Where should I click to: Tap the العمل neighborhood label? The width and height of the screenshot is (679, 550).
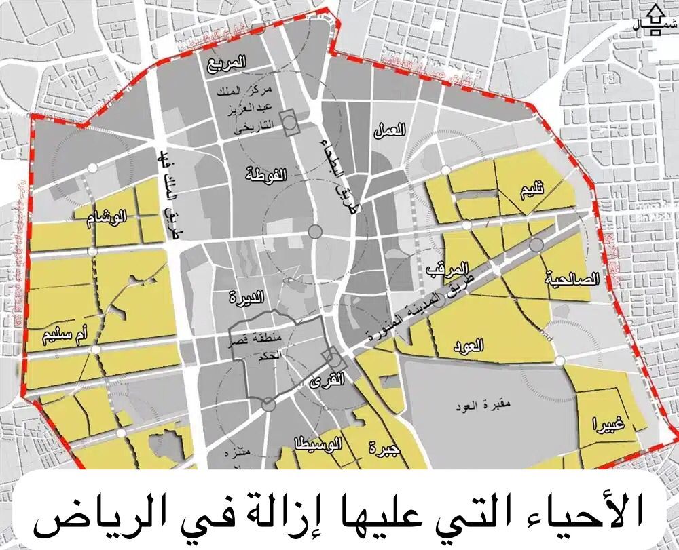(x=390, y=130)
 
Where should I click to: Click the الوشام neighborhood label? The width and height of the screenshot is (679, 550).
(x=110, y=218)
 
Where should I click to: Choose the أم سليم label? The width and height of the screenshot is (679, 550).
(x=66, y=334)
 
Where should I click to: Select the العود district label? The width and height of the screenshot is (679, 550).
(x=468, y=346)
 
